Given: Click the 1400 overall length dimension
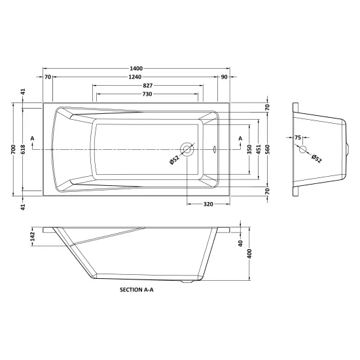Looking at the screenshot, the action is [x=136, y=69].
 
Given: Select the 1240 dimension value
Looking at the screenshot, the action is [x=135, y=77].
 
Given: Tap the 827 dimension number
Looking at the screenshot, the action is [x=148, y=86].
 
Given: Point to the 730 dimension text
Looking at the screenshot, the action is [x=147, y=94].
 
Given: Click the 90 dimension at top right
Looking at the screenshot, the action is [x=224, y=77].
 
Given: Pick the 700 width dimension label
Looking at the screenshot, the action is [x=13, y=149].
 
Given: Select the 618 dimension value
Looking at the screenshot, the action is [x=23, y=149].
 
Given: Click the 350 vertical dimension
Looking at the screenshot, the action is [x=250, y=149].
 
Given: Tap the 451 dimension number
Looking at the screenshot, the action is [x=259, y=149].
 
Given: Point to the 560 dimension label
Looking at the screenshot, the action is [x=268, y=149].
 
